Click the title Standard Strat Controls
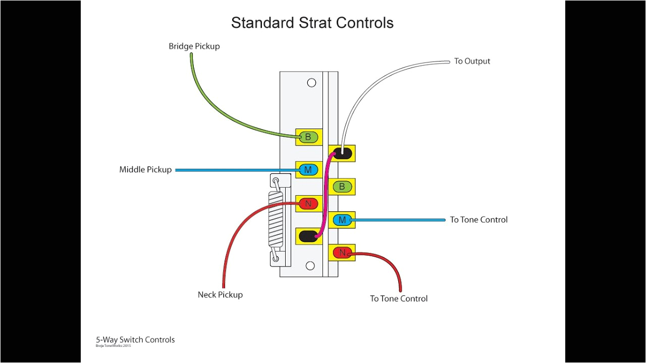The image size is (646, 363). [312, 23]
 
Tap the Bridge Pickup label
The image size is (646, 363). [194, 46]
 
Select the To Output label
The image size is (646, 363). [472, 61]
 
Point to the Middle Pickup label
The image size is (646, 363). [145, 170]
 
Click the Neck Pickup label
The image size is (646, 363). [220, 295]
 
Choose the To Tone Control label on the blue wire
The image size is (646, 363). [478, 220]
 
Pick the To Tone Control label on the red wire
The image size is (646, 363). [399, 299]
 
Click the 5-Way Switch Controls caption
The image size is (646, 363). [135, 340]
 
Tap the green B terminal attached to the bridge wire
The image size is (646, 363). [308, 137]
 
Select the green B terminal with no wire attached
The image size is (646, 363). [342, 187]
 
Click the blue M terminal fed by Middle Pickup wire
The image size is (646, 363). [308, 170]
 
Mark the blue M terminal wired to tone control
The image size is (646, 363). [342, 220]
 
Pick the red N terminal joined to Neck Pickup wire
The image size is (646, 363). [308, 204]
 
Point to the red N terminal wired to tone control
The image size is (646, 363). [342, 253]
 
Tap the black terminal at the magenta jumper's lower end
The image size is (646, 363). [308, 236]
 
